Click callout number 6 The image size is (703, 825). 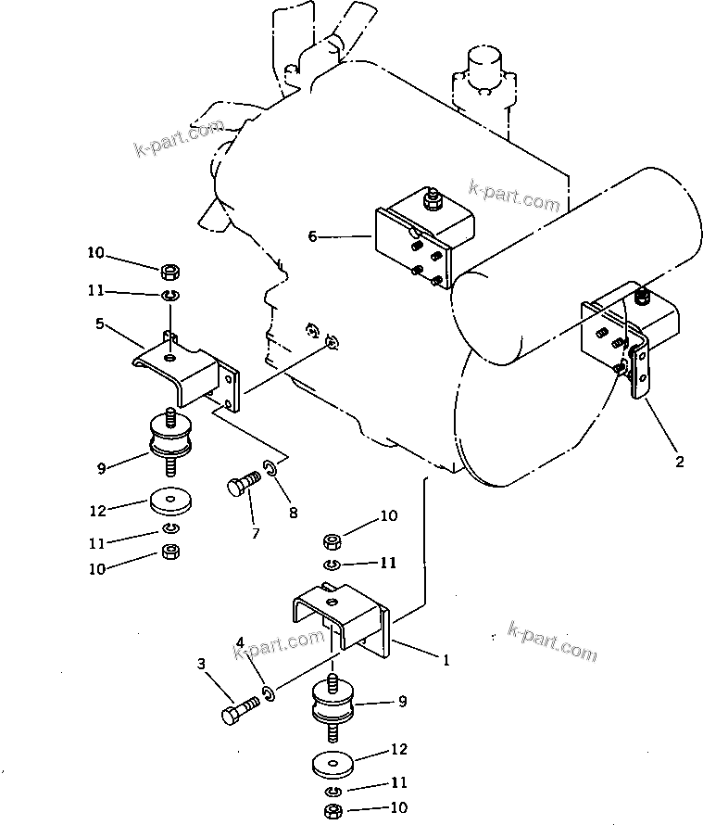(312, 236)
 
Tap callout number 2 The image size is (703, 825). (679, 462)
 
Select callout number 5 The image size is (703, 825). (100, 324)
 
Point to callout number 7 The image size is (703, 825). (256, 534)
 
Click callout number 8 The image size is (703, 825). (294, 512)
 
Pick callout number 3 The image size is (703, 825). (201, 664)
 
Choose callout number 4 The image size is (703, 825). (240, 642)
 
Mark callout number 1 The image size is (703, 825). (446, 660)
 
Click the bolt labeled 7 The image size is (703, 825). (244, 482)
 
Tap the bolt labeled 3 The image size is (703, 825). (240, 710)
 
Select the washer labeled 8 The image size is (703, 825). (269, 466)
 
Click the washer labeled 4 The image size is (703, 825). (268, 693)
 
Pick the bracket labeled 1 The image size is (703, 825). (342, 619)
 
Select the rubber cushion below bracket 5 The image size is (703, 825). (170, 438)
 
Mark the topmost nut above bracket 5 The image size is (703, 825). (170, 272)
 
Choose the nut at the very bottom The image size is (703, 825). (333, 811)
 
